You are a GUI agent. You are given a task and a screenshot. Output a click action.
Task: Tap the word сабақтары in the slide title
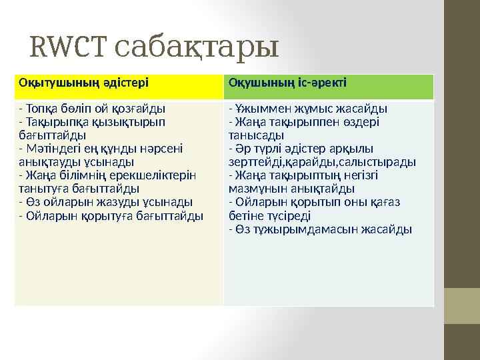point(197,48)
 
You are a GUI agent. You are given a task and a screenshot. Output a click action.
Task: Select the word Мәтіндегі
point(49,149)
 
